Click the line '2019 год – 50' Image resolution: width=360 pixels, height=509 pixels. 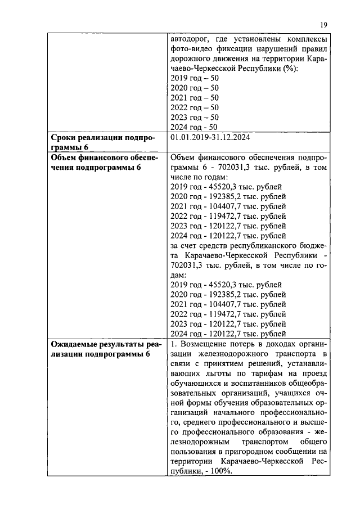coord(194,78)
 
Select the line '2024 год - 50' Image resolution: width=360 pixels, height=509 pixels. coord(194,127)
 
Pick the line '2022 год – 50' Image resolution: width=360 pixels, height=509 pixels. coord(194,107)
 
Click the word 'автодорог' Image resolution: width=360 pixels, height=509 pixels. coord(190,38)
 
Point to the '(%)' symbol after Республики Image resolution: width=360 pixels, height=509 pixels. coord(289,68)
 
